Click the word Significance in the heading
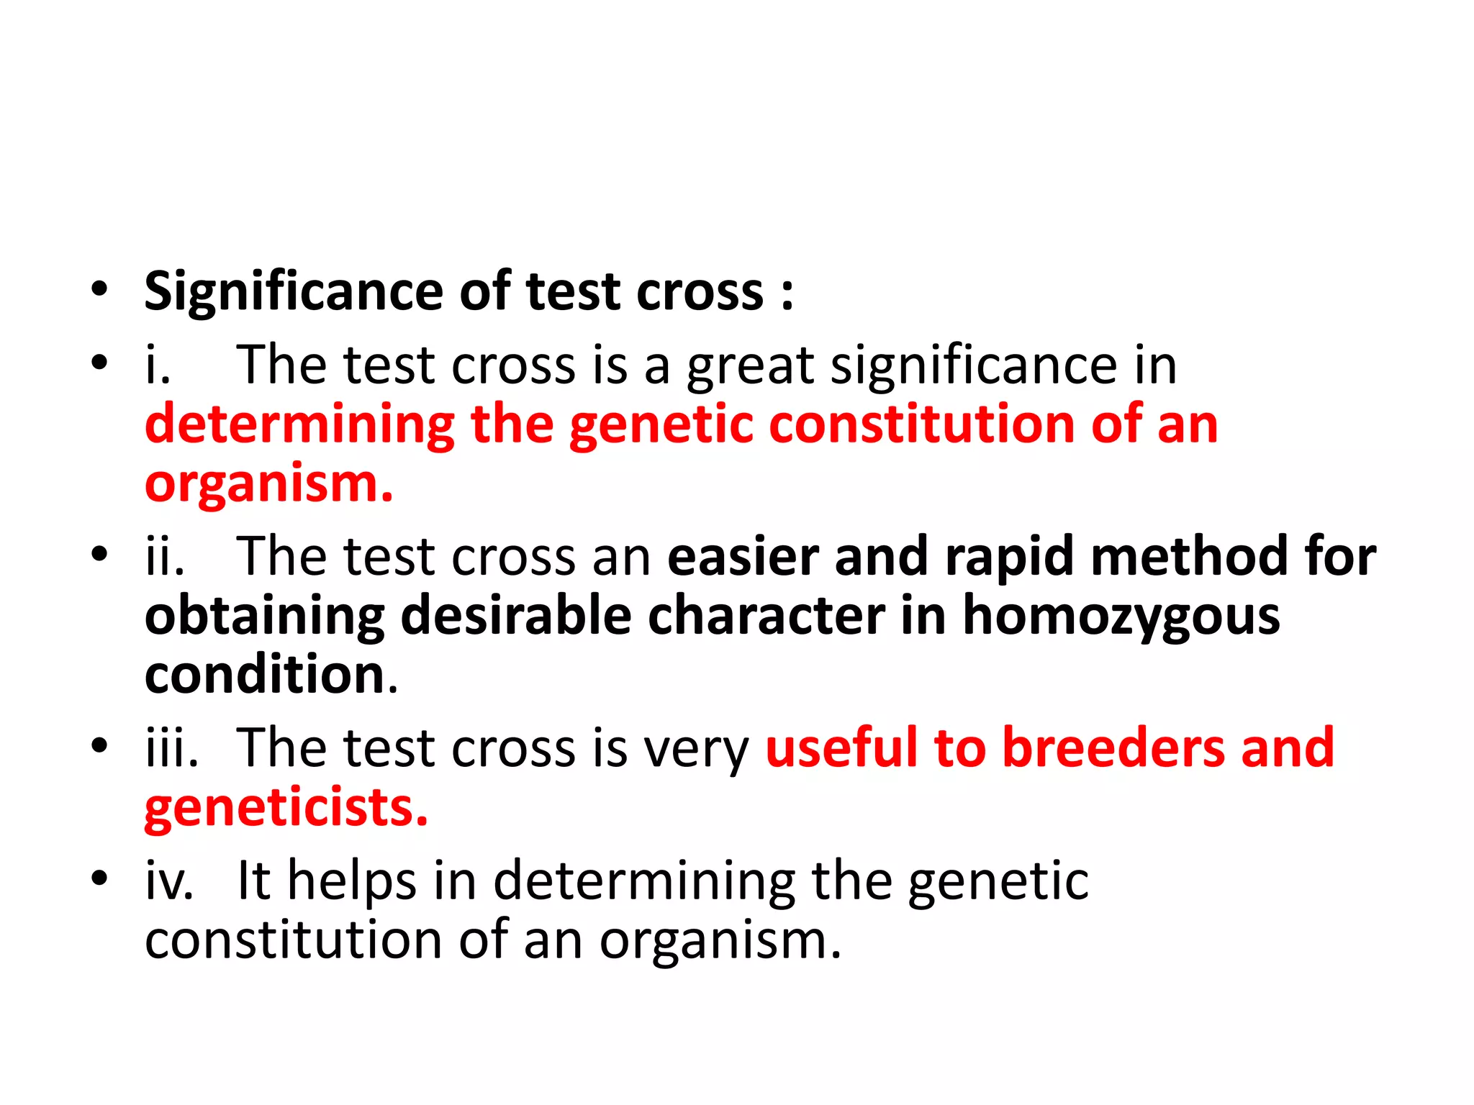pyautogui.click(x=294, y=294)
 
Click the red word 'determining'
pyautogui.click(x=300, y=425)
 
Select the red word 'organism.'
pyautogui.click(x=269, y=485)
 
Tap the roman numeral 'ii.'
pyautogui.click(x=165, y=557)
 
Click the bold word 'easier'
pyautogui.click(x=742, y=557)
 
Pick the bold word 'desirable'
pyautogui.click(x=515, y=617)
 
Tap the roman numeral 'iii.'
pyautogui.click(x=171, y=748)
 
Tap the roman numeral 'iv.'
pyautogui.click(x=169, y=881)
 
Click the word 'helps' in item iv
pyautogui.click(x=352, y=882)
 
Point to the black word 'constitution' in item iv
pyautogui.click(x=293, y=940)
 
